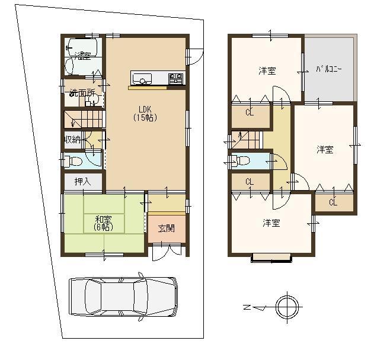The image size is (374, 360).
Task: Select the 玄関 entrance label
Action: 166,227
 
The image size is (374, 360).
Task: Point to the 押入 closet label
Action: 84,182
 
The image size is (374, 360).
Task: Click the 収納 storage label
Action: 72,140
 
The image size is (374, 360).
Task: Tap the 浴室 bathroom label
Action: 83,56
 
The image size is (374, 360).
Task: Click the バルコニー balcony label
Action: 330,69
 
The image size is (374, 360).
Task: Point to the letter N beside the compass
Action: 247,307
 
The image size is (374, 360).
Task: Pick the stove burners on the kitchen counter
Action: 176,78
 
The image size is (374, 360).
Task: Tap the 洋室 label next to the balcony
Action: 266,71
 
